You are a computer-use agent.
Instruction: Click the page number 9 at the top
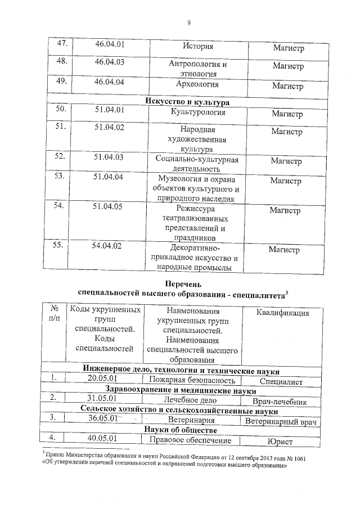point(189,22)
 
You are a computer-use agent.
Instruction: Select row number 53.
point(58,177)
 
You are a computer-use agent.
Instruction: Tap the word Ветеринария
point(193,419)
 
